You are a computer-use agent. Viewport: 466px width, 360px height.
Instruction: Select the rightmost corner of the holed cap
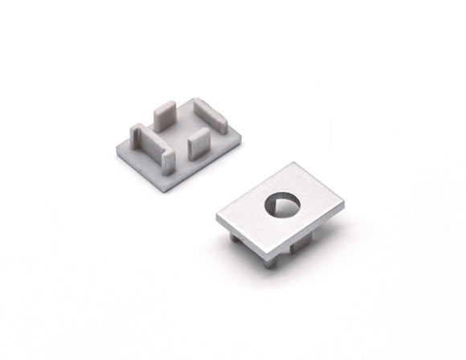[x=344, y=201]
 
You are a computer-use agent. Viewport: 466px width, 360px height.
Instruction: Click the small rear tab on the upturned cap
[x=164, y=117]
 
